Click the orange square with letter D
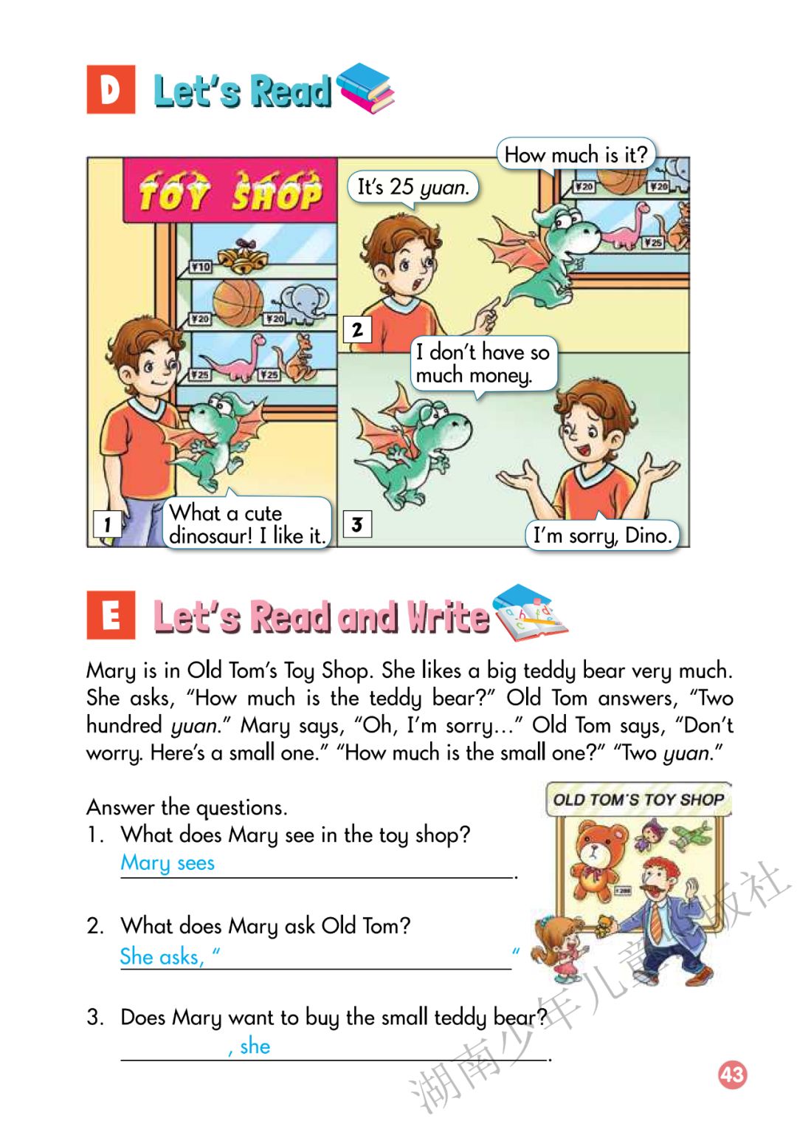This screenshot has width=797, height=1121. click(x=111, y=89)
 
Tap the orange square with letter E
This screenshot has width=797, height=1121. click(x=111, y=615)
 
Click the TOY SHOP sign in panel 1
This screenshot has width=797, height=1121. click(x=230, y=191)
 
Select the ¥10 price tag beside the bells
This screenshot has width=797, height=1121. click(x=201, y=267)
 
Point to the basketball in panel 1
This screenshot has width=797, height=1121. click(x=238, y=303)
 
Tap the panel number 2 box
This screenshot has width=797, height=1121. click(x=357, y=330)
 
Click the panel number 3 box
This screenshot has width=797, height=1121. click(x=357, y=524)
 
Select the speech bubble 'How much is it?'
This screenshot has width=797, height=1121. click(x=576, y=154)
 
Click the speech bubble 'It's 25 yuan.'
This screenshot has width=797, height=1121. click(x=413, y=188)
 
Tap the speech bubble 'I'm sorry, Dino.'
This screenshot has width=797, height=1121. click(x=602, y=535)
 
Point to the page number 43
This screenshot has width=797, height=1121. click(x=733, y=1074)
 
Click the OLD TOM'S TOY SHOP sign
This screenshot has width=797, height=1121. click(x=638, y=800)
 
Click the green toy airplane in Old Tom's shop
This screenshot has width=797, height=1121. click(x=692, y=836)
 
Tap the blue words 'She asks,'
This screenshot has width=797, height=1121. click(x=162, y=956)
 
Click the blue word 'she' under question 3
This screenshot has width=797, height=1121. click(x=255, y=1046)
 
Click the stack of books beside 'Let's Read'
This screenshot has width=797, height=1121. click(x=365, y=88)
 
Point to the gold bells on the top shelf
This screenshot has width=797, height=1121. click(x=244, y=256)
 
